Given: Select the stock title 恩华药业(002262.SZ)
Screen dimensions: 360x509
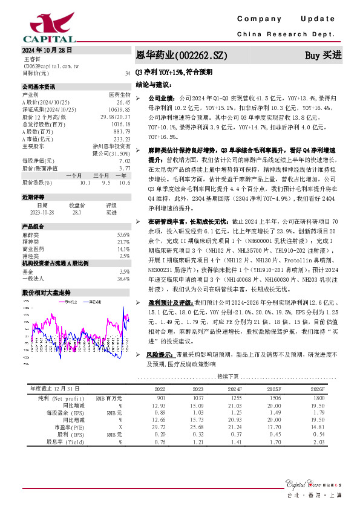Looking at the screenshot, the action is point(182,56).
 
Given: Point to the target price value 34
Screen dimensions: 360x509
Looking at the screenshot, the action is point(127,73).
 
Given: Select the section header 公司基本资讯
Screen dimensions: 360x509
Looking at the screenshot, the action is point(39,86).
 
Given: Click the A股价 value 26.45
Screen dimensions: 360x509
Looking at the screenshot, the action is point(123,103).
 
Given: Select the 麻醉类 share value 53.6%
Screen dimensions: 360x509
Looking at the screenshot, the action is point(123,235).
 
